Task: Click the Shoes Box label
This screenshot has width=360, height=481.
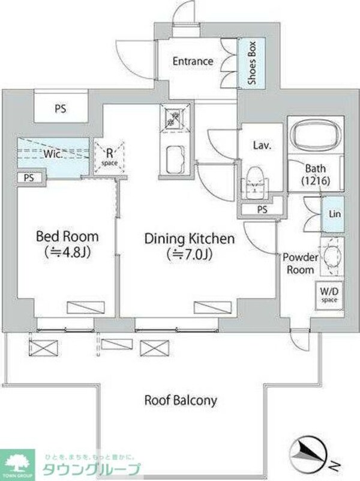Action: pos(252,63)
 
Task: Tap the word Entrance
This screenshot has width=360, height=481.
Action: pos(193,61)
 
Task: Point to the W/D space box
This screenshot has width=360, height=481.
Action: pos(329,295)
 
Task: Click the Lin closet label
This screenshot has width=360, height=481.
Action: pos(335,214)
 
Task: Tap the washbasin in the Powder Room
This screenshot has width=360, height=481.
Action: pos(331,257)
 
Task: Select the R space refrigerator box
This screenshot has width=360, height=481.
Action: pos(109,157)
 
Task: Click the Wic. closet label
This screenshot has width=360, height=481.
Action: pos(53,154)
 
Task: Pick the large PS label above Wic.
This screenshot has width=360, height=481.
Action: pos(61,109)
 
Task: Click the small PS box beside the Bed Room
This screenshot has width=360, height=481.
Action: pos(30,178)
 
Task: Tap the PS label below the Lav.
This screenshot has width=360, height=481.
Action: pos(262,210)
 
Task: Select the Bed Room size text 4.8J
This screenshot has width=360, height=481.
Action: pos(68,252)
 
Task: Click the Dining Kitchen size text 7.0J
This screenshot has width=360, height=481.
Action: pos(190,254)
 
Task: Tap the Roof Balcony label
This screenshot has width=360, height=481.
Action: pos(181,401)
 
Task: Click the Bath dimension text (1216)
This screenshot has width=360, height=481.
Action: pos(316,181)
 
